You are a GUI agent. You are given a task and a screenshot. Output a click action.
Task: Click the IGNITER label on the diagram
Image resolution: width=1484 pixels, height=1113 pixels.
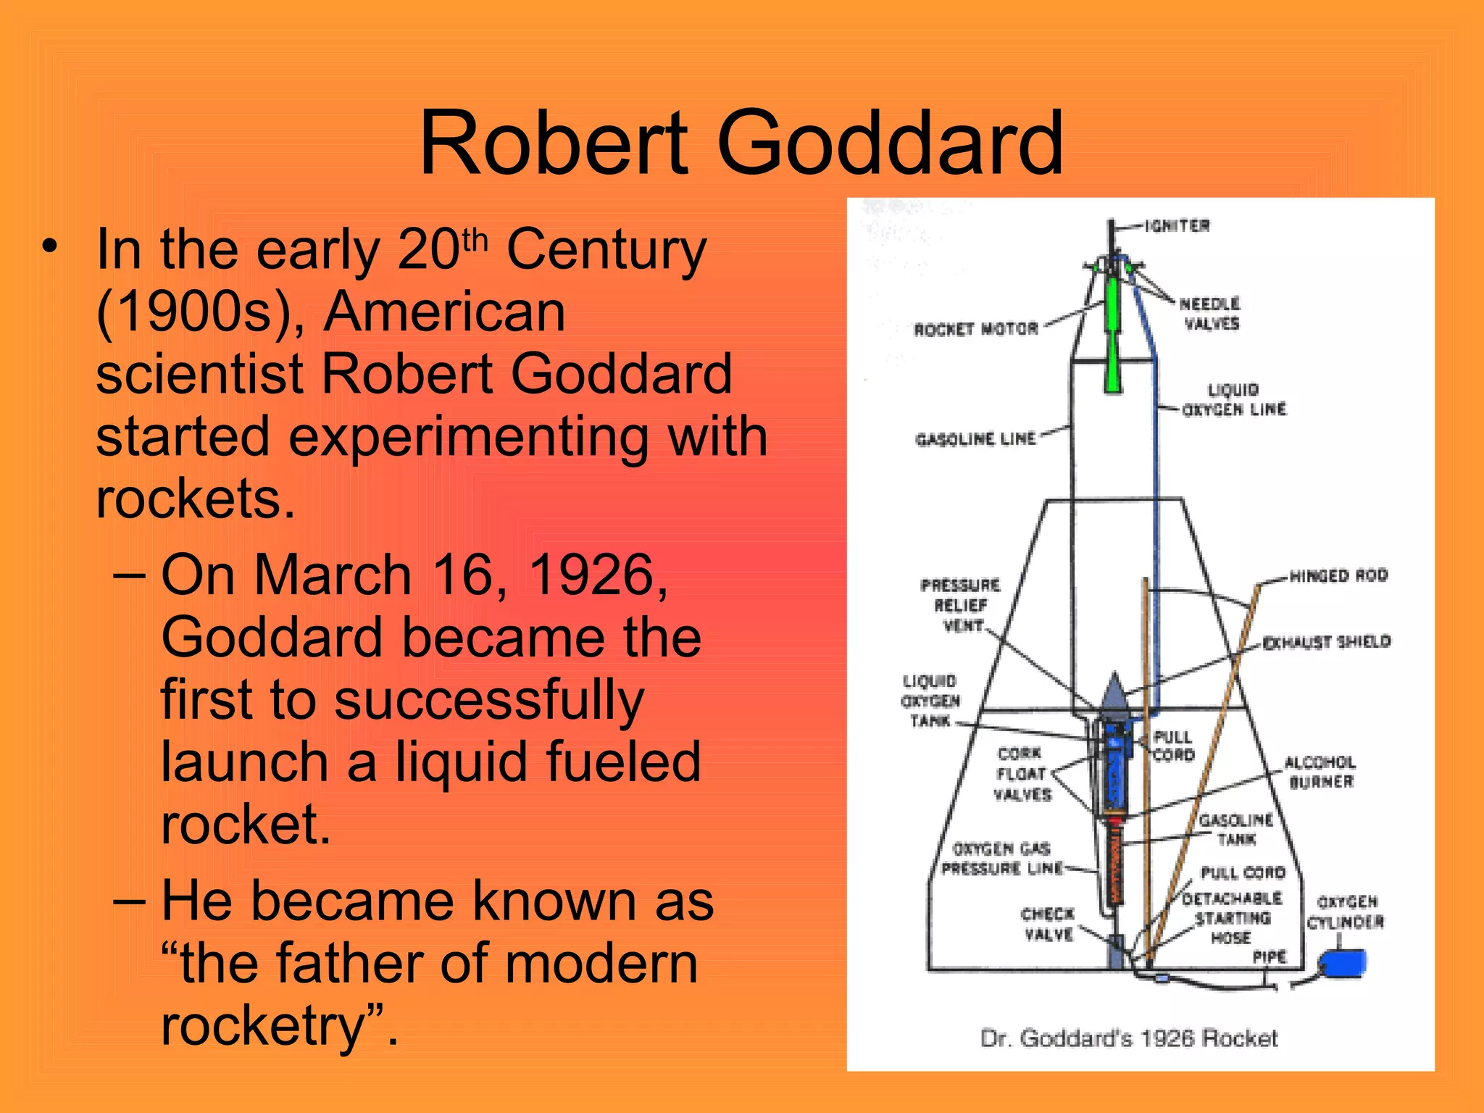[x=1177, y=226]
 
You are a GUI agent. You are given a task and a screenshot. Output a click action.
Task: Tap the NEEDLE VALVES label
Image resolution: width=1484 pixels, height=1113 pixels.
[x=1210, y=314]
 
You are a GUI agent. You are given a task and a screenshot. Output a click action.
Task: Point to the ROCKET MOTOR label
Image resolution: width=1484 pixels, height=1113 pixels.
[x=975, y=330]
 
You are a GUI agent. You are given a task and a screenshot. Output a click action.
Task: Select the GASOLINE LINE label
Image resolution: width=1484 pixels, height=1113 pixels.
[x=975, y=439]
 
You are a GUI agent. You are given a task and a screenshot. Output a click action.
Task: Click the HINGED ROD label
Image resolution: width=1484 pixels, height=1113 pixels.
[x=1338, y=576]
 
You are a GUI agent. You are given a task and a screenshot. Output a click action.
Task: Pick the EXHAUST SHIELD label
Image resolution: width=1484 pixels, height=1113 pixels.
[x=1326, y=642]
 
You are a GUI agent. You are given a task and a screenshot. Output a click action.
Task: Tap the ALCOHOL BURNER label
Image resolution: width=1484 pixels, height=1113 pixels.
[x=1320, y=772]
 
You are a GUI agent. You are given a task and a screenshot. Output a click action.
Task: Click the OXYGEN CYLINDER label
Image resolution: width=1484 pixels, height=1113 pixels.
[x=1346, y=912]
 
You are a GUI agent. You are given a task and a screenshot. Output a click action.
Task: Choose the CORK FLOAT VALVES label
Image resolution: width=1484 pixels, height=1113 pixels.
[x=1021, y=774]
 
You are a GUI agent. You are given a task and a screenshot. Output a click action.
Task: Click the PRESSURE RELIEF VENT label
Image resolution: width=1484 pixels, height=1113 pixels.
[x=961, y=606]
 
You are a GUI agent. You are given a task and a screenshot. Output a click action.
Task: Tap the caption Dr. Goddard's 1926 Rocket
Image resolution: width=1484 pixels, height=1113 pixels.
[x=1128, y=1038]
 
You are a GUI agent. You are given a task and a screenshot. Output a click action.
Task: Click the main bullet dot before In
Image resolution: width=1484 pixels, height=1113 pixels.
[x=49, y=247]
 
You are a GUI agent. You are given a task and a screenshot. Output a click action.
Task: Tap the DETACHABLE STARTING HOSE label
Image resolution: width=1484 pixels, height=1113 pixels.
[x=1232, y=918]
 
